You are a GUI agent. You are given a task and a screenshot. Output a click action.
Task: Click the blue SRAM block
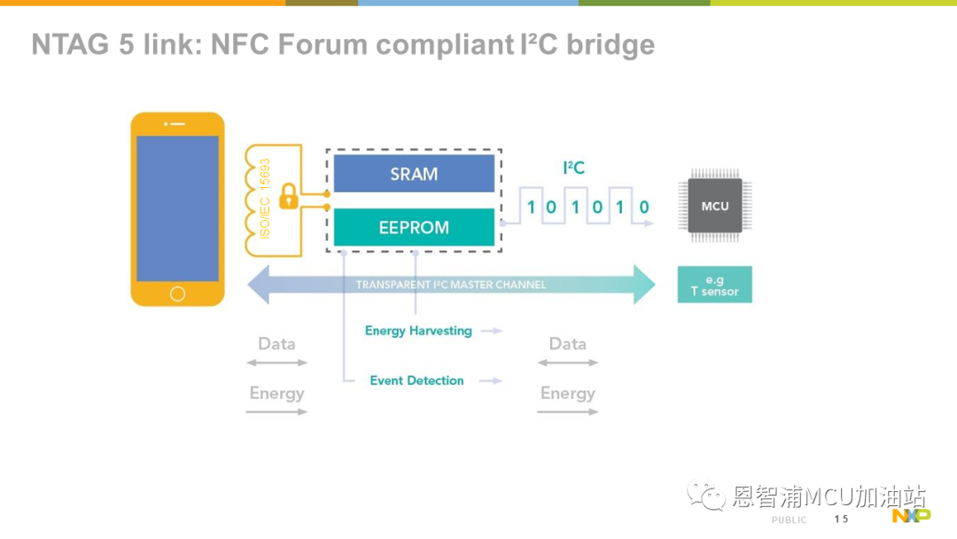[414, 174]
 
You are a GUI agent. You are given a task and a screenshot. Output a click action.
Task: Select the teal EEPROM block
[414, 227]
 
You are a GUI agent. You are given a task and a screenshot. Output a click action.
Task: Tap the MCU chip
[715, 206]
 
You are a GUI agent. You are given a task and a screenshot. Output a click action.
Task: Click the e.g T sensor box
[715, 285]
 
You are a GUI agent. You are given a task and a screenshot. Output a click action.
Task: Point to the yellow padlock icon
[289, 197]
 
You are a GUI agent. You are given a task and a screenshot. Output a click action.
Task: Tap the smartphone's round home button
[177, 294]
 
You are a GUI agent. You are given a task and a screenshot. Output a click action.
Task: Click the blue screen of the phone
[177, 208]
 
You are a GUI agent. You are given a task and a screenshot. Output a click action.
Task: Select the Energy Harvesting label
[418, 331]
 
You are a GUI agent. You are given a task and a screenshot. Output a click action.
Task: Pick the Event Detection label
[416, 380]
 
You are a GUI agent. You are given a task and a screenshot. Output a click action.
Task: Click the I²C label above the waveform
[573, 168]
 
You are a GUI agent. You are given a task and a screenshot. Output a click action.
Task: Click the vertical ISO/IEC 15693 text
[265, 199]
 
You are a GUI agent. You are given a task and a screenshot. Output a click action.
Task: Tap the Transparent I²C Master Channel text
[451, 285]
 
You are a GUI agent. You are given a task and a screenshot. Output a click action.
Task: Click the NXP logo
[911, 516]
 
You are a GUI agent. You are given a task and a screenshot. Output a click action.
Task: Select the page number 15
[841, 519]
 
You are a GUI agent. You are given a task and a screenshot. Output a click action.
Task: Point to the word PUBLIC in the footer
[790, 520]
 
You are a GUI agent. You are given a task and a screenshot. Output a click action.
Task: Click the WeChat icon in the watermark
[706, 495]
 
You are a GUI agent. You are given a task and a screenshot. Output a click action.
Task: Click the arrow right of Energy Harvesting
[491, 331]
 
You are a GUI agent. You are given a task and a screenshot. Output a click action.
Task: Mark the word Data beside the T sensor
[568, 344]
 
